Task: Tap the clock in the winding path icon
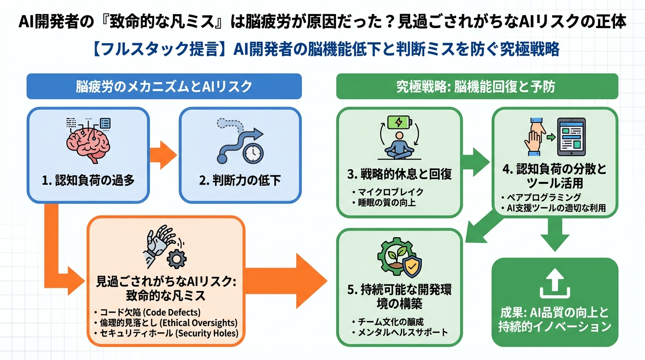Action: click(x=253, y=153)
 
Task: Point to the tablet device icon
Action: click(x=570, y=136)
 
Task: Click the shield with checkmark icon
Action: click(x=412, y=267)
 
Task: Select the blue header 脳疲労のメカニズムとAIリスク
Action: click(x=164, y=86)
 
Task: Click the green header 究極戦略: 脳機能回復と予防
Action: click(x=477, y=86)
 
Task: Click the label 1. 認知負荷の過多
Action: click(x=88, y=180)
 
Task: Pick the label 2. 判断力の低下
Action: click(x=240, y=180)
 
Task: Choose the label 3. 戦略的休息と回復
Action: click(x=399, y=174)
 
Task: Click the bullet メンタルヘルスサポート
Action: click(x=402, y=332)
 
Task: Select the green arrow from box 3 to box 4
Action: click(x=474, y=162)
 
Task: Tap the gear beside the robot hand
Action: click(x=176, y=257)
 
